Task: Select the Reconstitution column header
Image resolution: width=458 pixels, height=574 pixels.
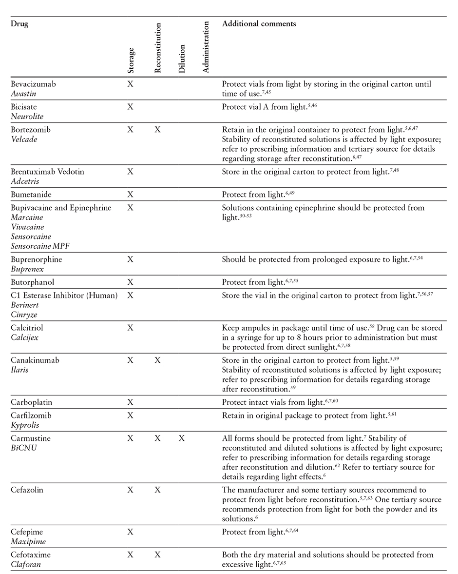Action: point(157,48)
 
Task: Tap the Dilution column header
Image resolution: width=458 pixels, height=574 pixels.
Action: point(182,59)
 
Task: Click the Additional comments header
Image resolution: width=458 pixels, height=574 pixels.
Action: point(259,23)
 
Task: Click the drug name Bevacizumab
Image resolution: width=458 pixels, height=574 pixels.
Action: point(33,84)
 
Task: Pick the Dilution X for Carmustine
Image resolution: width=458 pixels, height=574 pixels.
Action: point(182,438)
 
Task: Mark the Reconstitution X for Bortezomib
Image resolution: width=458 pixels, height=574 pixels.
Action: point(157,130)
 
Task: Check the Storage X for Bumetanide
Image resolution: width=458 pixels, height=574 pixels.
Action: point(130,195)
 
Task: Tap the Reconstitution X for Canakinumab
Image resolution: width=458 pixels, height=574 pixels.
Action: point(157,360)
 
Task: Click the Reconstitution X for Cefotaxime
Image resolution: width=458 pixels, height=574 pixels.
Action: point(157,555)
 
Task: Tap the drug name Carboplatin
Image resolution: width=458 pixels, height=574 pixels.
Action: point(31,402)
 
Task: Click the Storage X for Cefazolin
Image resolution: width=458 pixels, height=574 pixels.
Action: point(130,490)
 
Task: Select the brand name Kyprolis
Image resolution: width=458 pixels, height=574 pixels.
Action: point(24,425)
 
